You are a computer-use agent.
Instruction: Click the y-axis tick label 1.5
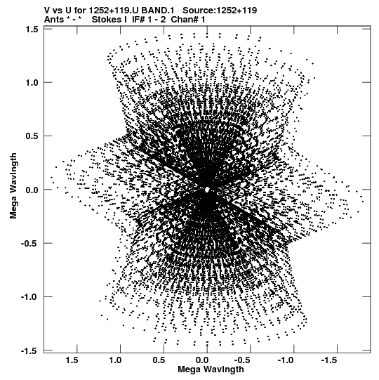click(x=32, y=30)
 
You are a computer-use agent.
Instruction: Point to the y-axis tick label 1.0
click(x=32, y=83)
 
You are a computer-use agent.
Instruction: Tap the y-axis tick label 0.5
click(x=32, y=136)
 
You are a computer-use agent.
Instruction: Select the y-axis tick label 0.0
click(x=32, y=190)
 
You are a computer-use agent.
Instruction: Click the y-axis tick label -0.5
click(x=29, y=243)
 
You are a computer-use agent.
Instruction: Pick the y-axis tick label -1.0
click(x=29, y=297)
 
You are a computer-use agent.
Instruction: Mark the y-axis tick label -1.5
click(x=29, y=350)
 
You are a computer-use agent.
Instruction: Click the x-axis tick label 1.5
click(x=72, y=360)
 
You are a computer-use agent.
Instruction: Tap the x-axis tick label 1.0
click(x=115, y=360)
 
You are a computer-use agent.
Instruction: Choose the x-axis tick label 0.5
click(x=159, y=360)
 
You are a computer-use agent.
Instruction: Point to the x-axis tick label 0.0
click(x=202, y=360)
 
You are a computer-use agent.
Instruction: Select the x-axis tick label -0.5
click(x=244, y=360)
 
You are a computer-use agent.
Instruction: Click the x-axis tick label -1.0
click(x=286, y=360)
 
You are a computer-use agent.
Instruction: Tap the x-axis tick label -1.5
click(x=330, y=360)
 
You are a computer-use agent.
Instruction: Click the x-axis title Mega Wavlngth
click(x=211, y=369)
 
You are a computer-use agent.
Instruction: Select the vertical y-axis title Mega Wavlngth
click(x=13, y=186)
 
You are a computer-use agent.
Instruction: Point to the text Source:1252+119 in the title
click(x=220, y=11)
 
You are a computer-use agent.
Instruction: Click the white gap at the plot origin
click(x=207, y=190)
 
